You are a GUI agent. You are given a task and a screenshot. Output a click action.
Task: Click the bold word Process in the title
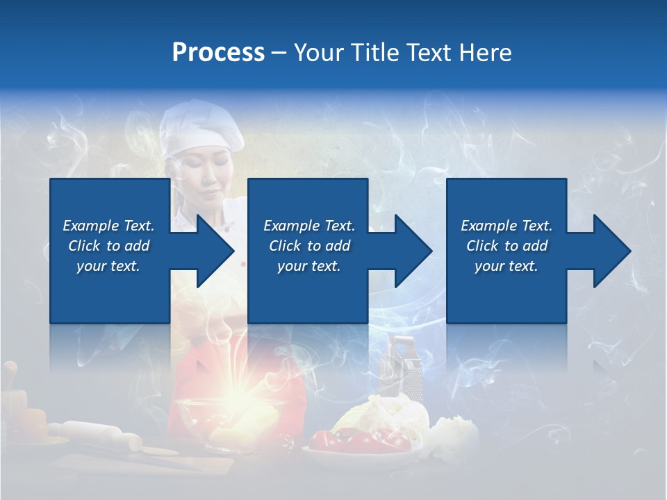click(x=218, y=53)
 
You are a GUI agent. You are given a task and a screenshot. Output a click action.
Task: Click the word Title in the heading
click(x=372, y=53)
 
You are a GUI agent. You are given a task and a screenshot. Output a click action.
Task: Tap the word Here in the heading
click(x=486, y=53)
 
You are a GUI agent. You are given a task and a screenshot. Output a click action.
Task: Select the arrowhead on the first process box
click(x=212, y=251)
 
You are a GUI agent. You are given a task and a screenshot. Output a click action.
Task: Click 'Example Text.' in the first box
click(x=108, y=226)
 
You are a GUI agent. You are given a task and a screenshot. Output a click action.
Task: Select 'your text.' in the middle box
click(x=308, y=266)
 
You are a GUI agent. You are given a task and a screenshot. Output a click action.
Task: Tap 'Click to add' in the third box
click(x=507, y=246)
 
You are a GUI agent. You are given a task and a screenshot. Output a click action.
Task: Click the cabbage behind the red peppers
click(x=389, y=413)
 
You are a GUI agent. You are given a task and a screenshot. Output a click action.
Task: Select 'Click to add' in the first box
click(x=108, y=246)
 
